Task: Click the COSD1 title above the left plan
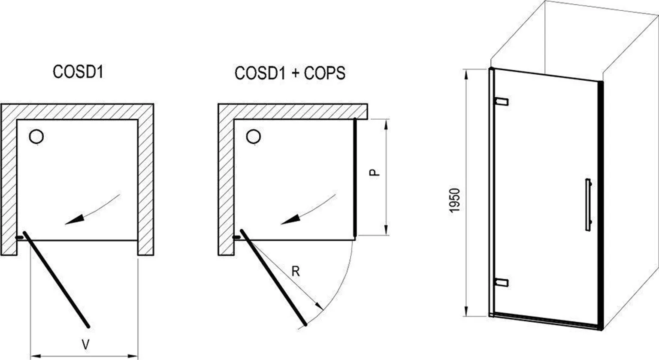tap(78, 72)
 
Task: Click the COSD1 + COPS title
tap(290, 73)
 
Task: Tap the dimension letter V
tap(85, 343)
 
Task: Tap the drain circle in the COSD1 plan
tap(36, 137)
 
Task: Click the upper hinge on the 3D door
tap(502, 101)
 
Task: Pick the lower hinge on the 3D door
tap(502, 282)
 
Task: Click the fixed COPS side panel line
tap(355, 178)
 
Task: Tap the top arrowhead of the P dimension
tap(387, 124)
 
